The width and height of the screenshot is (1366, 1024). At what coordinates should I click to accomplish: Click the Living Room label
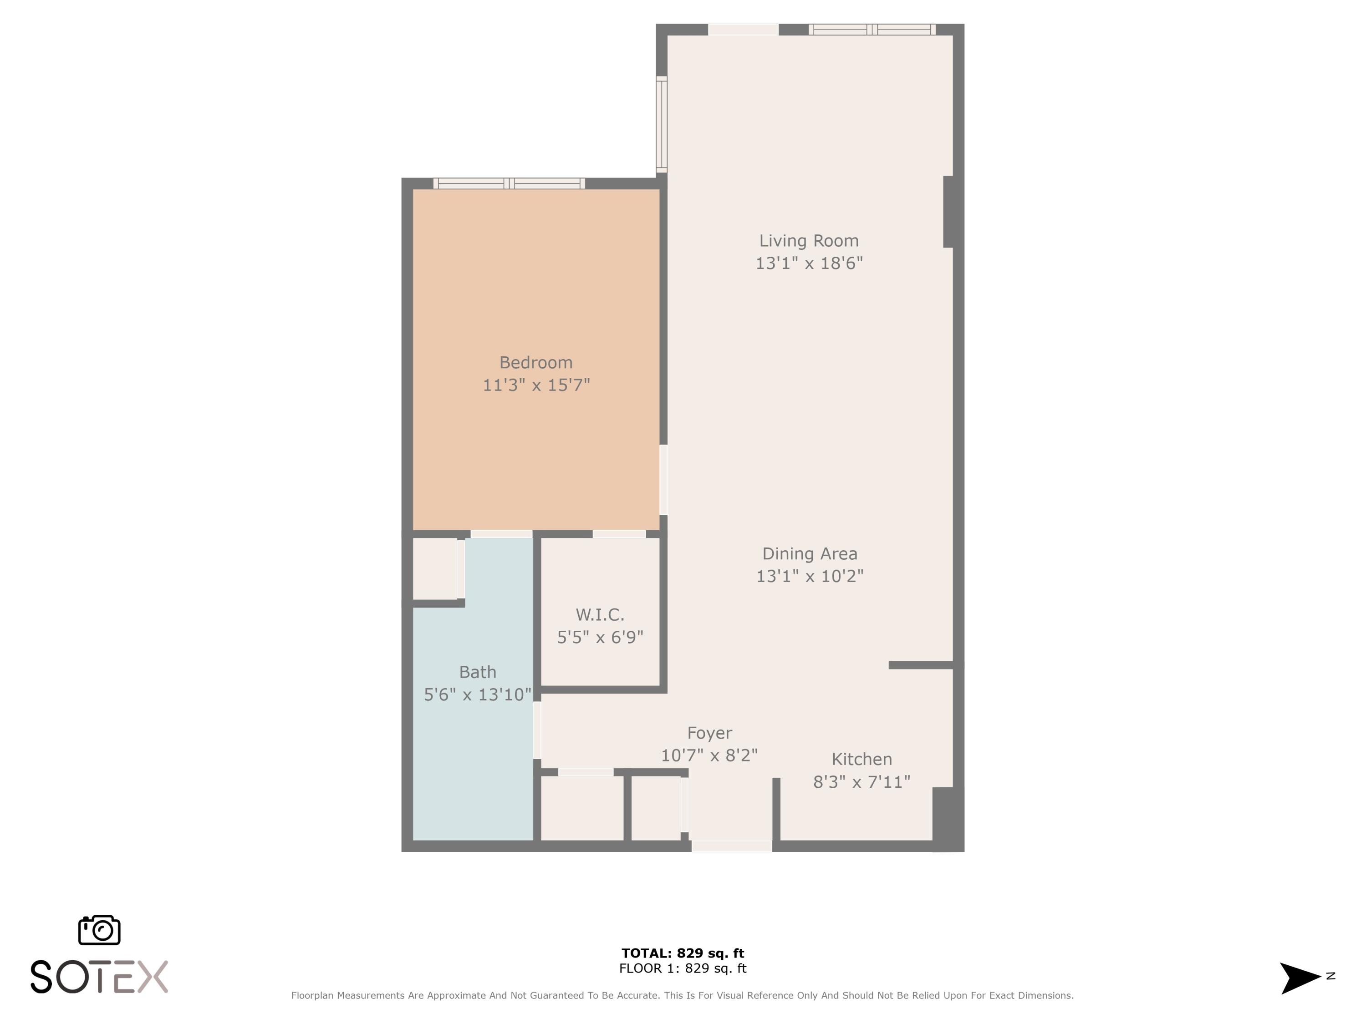[x=808, y=241]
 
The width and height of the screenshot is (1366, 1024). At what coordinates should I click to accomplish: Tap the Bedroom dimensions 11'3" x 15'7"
[x=536, y=385]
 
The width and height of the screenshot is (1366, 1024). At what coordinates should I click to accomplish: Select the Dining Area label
[x=809, y=554]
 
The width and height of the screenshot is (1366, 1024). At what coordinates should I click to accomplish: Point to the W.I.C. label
[x=600, y=615]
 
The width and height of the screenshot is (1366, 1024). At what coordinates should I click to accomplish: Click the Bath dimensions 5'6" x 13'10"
[x=477, y=694]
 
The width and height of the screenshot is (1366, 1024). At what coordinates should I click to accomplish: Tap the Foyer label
[x=709, y=733]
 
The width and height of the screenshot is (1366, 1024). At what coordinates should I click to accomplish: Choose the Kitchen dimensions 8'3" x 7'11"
[x=861, y=782]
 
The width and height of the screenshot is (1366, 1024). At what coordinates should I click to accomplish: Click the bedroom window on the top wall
[x=509, y=183]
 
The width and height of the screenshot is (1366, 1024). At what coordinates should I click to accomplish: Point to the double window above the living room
[x=872, y=29]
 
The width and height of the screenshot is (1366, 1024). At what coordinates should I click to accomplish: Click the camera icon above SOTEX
[x=99, y=929]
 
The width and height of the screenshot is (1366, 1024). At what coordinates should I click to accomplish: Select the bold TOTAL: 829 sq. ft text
[x=683, y=953]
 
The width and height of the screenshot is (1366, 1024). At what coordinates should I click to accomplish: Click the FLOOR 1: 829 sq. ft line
[x=683, y=968]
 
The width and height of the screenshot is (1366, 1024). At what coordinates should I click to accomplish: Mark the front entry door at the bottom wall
[x=731, y=846]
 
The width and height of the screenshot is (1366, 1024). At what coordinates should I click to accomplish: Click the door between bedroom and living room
[x=663, y=480]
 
